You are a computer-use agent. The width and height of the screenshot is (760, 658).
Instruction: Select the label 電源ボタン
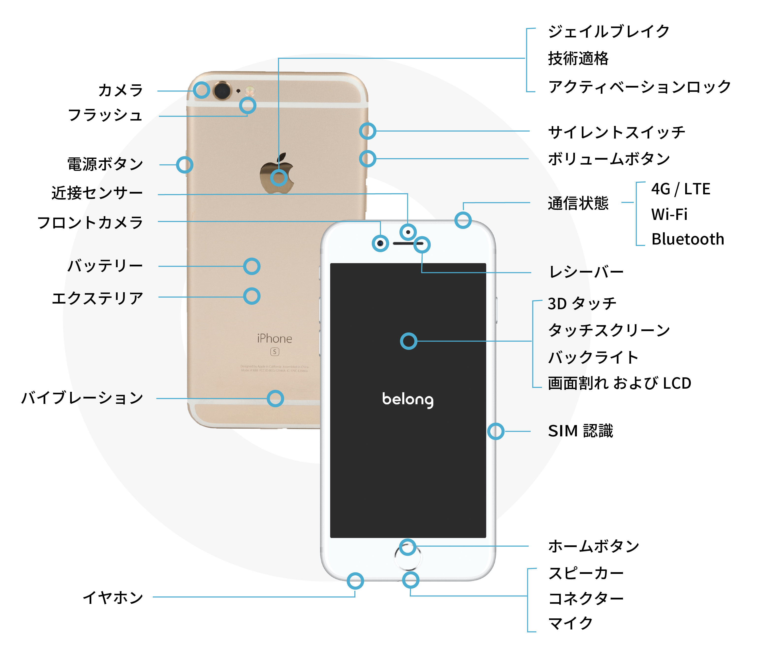(x=105, y=164)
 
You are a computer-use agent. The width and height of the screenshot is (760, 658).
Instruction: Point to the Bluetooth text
(x=687, y=239)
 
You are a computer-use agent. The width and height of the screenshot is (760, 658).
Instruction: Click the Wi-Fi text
(x=669, y=214)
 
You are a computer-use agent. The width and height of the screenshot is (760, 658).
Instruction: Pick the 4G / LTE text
(x=680, y=189)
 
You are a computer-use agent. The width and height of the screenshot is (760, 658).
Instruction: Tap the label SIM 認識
(x=580, y=431)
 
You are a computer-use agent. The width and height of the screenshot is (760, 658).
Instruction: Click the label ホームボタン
(x=593, y=546)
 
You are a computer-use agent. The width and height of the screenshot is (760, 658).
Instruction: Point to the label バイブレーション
(x=82, y=398)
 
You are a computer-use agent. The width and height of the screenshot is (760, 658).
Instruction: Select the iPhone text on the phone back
(x=274, y=338)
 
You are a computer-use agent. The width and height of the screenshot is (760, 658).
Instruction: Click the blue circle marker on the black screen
(x=409, y=341)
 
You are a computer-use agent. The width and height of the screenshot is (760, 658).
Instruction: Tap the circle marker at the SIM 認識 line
(x=495, y=431)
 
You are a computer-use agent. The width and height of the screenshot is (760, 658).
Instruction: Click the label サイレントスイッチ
(x=616, y=132)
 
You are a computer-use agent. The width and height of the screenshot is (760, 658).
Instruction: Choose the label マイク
(x=570, y=623)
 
